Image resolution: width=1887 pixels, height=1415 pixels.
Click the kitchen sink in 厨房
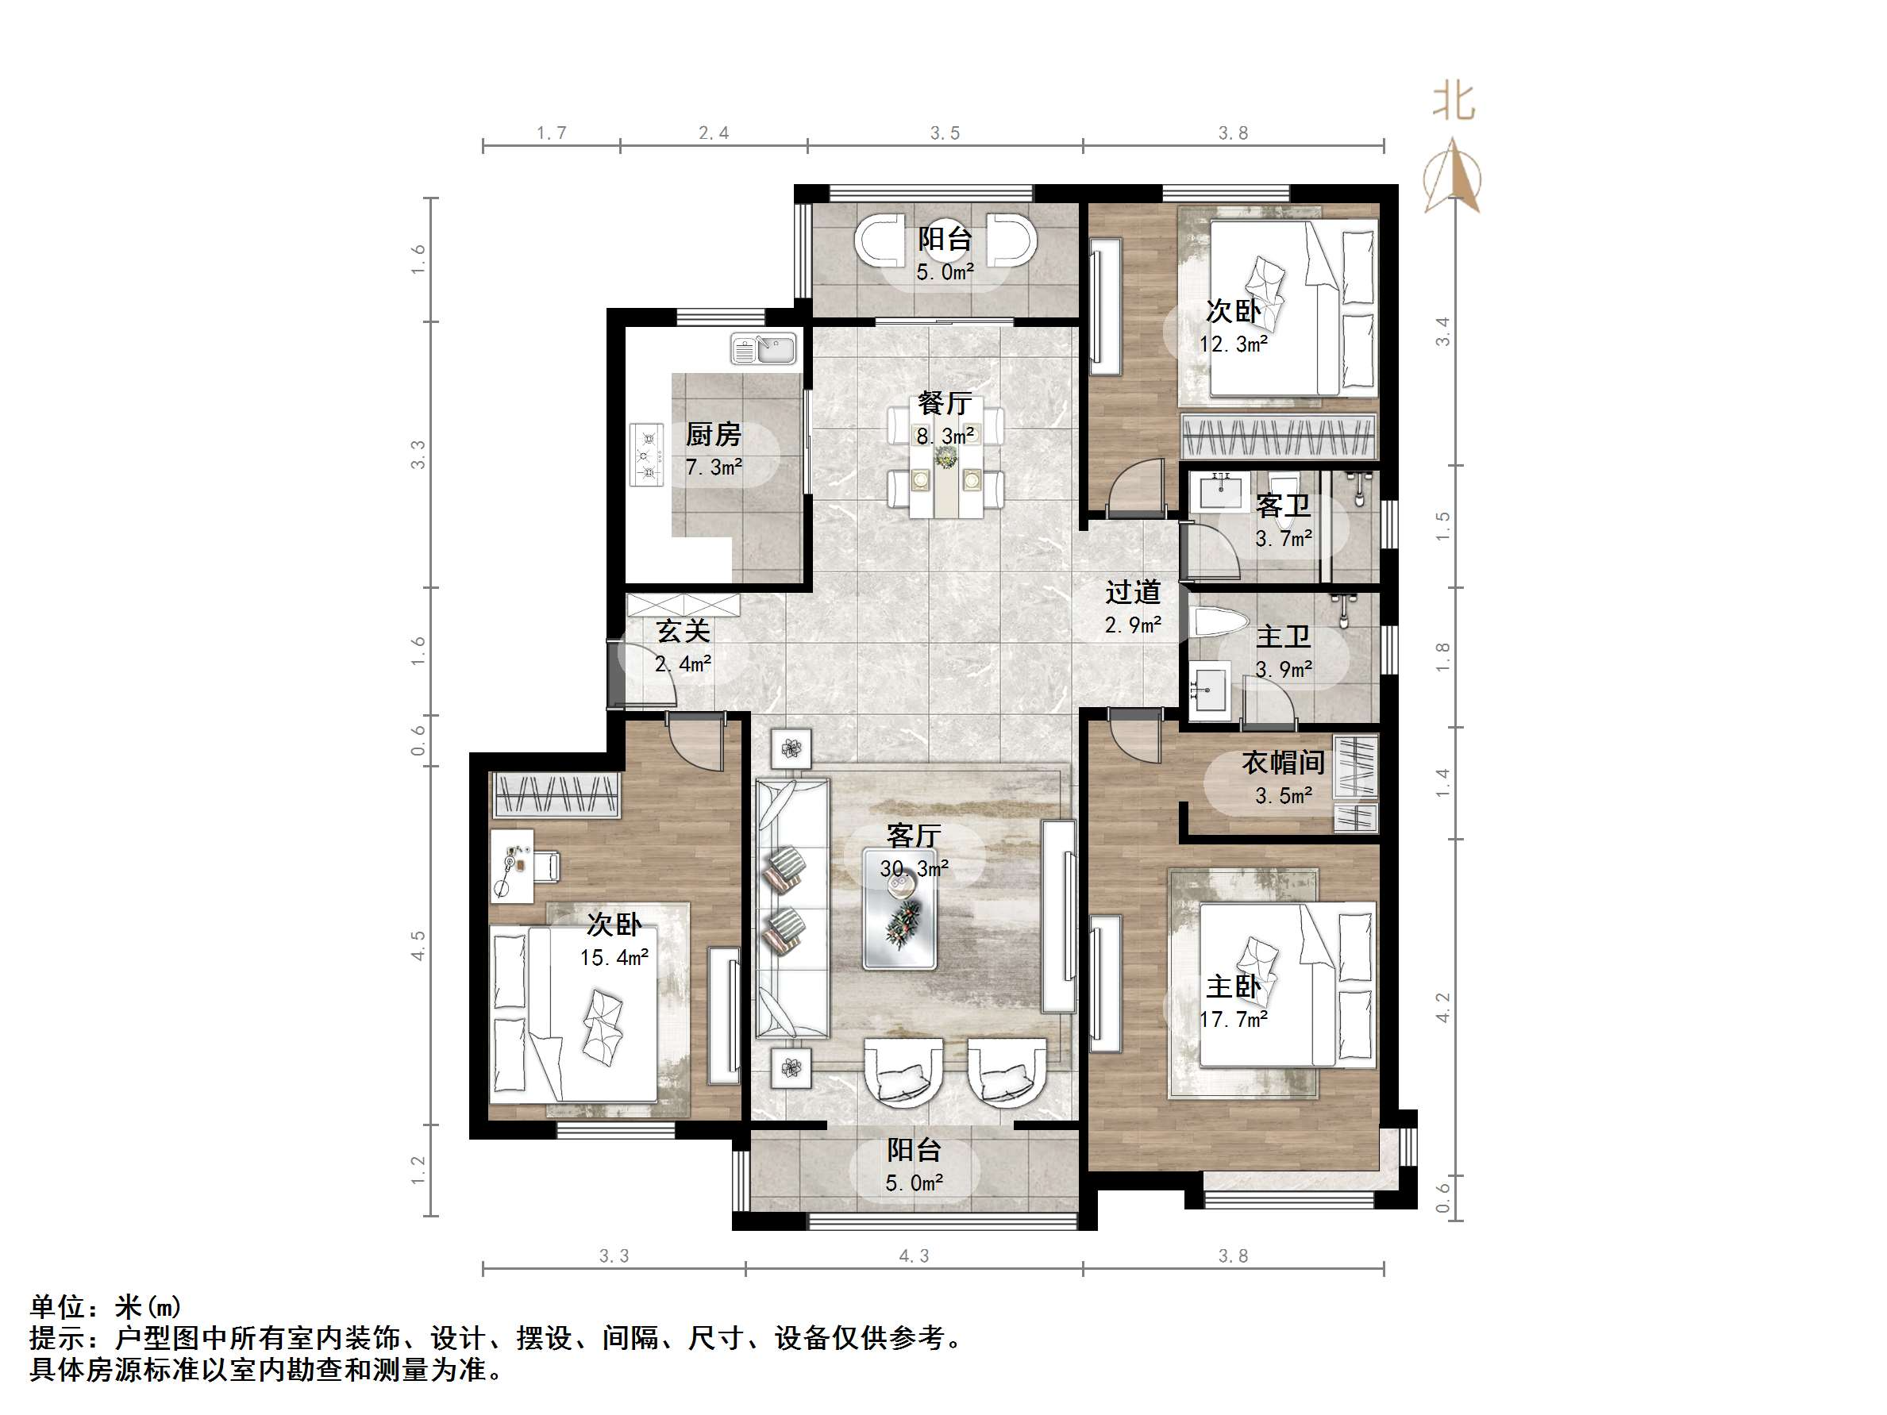coord(764,349)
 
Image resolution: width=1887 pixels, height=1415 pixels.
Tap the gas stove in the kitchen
coord(647,456)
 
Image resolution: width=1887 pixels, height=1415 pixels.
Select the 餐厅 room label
coord(945,402)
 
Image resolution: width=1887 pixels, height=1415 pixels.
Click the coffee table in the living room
coord(900,909)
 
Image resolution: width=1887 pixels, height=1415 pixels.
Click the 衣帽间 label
coord(1282,762)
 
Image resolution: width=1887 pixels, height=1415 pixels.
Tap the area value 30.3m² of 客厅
coord(914,868)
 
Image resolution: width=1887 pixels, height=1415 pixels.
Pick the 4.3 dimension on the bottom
coord(914,1255)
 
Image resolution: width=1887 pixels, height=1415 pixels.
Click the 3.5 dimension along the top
coord(945,133)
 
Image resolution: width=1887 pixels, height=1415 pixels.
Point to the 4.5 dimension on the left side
coord(418,945)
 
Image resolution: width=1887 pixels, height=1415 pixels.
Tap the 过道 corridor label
coord(1133,592)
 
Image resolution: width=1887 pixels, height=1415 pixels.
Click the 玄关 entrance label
coord(683,631)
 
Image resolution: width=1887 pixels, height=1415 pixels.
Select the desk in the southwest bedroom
coord(512,865)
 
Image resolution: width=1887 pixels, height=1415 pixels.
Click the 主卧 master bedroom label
coord(1233,986)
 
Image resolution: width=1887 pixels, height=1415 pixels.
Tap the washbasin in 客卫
coord(1221,491)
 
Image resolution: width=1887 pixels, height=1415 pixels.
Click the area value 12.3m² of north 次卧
coord(1233,344)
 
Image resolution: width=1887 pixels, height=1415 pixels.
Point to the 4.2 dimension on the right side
coord(1442,1007)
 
